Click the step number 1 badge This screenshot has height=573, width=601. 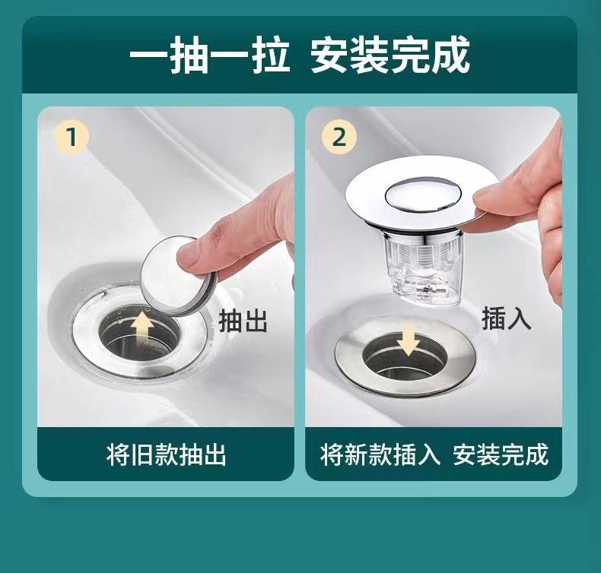click(x=72, y=138)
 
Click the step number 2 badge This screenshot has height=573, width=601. click(x=339, y=138)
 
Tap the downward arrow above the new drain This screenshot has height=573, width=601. click(x=409, y=340)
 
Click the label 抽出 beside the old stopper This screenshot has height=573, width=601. click(x=243, y=321)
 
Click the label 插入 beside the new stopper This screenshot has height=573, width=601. click(x=507, y=318)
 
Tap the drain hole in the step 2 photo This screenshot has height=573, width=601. click(x=405, y=356)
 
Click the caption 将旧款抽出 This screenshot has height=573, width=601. click(x=166, y=454)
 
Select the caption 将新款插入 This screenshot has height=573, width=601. click(x=380, y=454)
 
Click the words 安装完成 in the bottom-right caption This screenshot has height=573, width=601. click(x=501, y=454)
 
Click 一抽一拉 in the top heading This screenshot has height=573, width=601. click(x=209, y=55)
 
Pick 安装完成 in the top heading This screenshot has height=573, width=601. click(x=390, y=55)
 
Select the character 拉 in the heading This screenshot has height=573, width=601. click(x=270, y=55)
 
